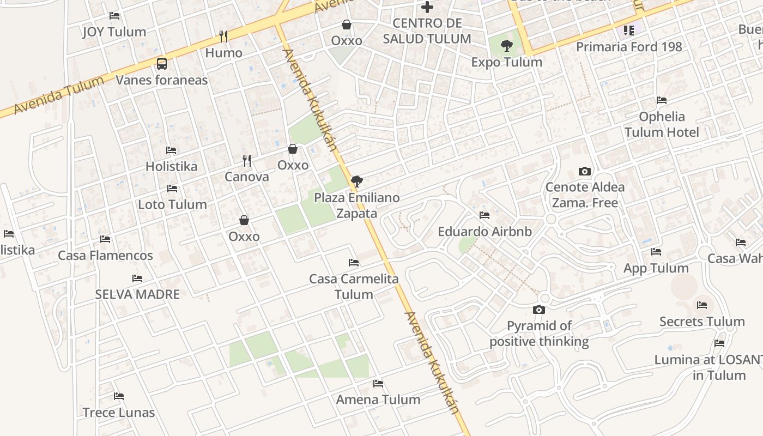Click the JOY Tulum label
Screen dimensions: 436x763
click(x=114, y=32)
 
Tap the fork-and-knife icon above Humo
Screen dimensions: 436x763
click(x=223, y=37)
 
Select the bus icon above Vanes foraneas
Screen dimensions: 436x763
click(x=162, y=64)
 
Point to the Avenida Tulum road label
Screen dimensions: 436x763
click(x=58, y=96)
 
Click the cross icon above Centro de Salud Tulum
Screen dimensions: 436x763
click(x=427, y=7)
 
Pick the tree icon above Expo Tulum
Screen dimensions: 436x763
click(x=507, y=46)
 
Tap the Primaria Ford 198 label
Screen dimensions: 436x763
click(x=629, y=47)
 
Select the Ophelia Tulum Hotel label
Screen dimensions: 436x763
click(x=662, y=124)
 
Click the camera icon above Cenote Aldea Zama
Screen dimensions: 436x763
click(x=585, y=171)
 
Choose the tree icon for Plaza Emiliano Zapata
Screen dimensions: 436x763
click(x=357, y=181)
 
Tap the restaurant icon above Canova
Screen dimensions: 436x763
click(x=247, y=161)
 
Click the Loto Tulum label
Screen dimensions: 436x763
click(x=172, y=205)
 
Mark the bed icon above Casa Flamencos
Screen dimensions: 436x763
click(x=105, y=239)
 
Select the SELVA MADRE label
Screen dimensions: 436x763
click(x=137, y=294)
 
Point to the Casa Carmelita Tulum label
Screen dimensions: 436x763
click(x=354, y=287)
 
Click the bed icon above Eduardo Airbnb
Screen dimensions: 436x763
click(x=485, y=215)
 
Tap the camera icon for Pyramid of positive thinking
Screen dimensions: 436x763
click(x=539, y=310)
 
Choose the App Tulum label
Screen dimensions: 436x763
click(x=656, y=268)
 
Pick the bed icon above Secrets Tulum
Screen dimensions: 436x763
click(x=702, y=305)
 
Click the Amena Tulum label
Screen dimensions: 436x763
click(x=378, y=399)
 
